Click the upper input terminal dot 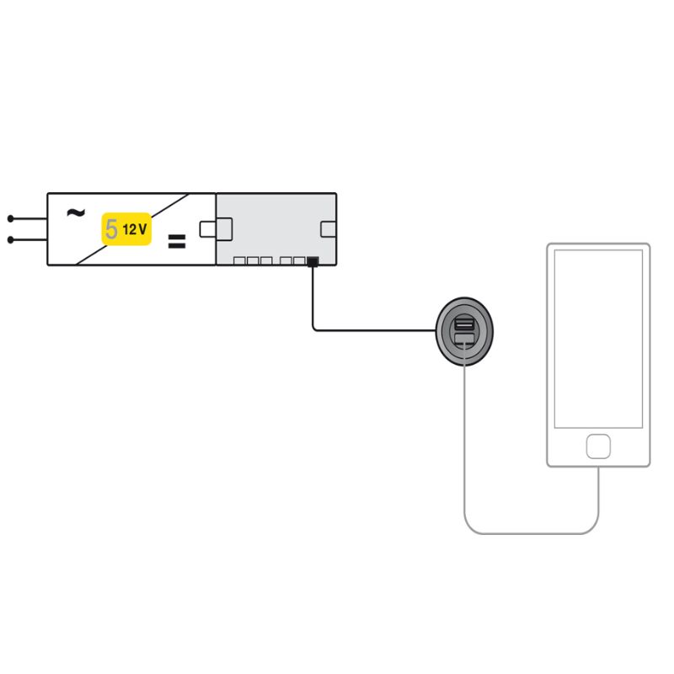[x=11, y=219]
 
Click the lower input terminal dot [x=11, y=239]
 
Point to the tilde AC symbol [x=76, y=212]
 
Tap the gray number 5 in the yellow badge [x=111, y=229]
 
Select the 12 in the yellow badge [x=129, y=230]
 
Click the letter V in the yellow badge [x=142, y=229]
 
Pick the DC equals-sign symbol [x=177, y=242]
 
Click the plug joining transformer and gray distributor [x=216, y=229]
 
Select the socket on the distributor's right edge [x=329, y=229]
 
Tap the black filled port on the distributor [x=313, y=261]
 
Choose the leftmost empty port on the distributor [x=239, y=261]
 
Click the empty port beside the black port [x=299, y=261]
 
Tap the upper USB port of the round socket [x=464, y=322]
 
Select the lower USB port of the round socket [x=464, y=339]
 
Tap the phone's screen [x=598, y=339]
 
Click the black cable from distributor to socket [x=356, y=330]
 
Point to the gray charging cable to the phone [x=532, y=533]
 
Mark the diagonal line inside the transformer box [x=132, y=229]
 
